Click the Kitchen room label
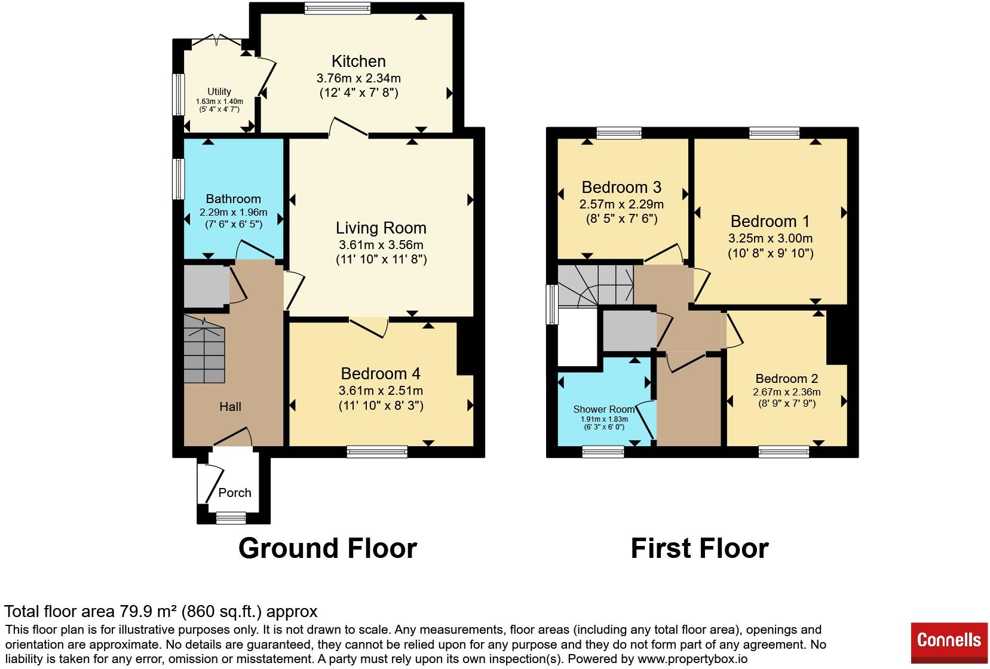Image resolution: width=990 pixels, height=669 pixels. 358,61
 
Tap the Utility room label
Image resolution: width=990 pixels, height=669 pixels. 219,91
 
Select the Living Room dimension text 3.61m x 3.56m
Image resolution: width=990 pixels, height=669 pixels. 381,244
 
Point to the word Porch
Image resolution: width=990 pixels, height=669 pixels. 235,492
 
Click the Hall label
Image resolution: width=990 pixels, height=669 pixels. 230,407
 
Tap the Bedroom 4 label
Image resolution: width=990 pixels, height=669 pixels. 381,374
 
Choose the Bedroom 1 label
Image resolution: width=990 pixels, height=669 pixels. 770,221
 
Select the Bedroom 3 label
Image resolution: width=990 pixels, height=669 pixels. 621,187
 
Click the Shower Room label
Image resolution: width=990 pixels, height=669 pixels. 603,409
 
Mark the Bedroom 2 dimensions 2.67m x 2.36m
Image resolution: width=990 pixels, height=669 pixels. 787,392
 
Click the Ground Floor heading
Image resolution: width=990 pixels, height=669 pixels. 327,548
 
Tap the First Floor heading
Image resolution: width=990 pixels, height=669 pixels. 700,548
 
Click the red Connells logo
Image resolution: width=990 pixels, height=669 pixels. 949,643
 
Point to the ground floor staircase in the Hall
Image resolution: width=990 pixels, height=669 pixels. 204,349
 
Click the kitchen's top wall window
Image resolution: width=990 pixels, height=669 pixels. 338,8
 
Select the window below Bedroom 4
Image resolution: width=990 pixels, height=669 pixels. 377,452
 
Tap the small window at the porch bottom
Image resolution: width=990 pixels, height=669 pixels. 231,518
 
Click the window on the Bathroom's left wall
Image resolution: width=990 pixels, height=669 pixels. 178,179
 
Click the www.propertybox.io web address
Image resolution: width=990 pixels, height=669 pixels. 692,659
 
